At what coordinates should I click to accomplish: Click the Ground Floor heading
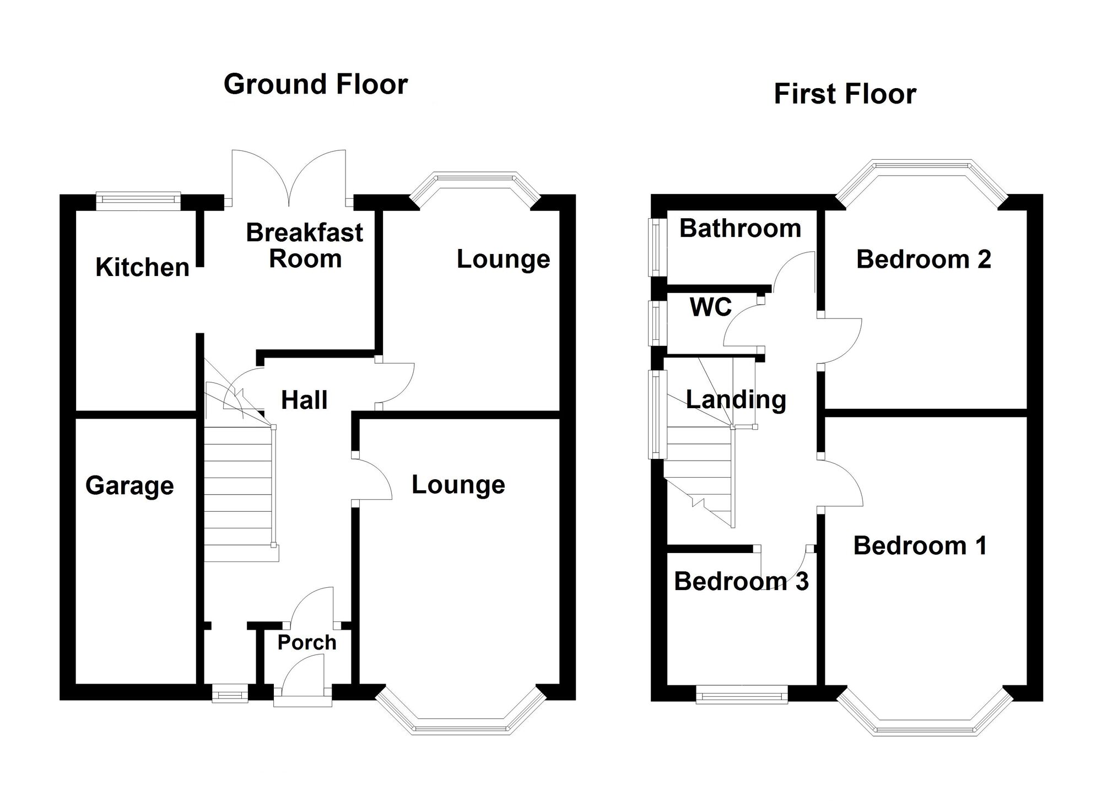pos(316,85)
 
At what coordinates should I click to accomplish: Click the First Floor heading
pos(845,94)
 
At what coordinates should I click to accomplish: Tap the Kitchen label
pos(142,267)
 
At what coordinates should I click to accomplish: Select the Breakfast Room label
pos(305,246)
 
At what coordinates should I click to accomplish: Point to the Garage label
pos(129,486)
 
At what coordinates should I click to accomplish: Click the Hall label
pos(304,400)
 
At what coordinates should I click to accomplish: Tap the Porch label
pos(307,642)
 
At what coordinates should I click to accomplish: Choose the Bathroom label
pos(740,228)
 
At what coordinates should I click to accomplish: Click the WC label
pos(711,307)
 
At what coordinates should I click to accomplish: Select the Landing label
pos(736,400)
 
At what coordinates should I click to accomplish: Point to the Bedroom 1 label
pos(920,546)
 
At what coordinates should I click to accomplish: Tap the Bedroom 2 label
pos(923,259)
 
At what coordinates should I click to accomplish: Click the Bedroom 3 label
pos(741,581)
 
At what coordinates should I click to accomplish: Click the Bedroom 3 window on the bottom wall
pos(742,695)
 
